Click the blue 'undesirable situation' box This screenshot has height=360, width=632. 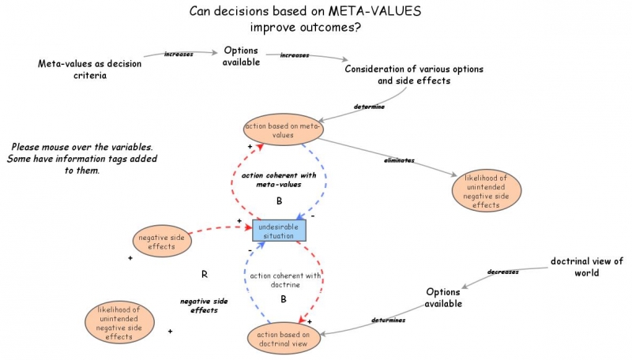click(x=279, y=230)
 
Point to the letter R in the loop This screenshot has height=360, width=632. click(x=204, y=275)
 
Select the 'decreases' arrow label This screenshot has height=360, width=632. click(x=502, y=272)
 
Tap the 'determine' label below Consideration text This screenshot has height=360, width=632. click(x=369, y=106)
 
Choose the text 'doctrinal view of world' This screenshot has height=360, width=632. click(x=586, y=267)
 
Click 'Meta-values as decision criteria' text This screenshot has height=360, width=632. click(x=83, y=69)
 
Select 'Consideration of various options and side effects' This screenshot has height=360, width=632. click(x=414, y=75)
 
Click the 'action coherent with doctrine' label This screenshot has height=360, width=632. click(x=285, y=280)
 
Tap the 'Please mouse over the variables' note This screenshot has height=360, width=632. click(x=82, y=159)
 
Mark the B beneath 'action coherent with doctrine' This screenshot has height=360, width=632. click(x=283, y=299)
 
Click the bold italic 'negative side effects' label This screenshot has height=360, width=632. click(x=204, y=306)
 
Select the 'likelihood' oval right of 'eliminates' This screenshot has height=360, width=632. click(x=487, y=189)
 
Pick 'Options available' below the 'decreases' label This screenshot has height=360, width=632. click(x=443, y=298)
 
